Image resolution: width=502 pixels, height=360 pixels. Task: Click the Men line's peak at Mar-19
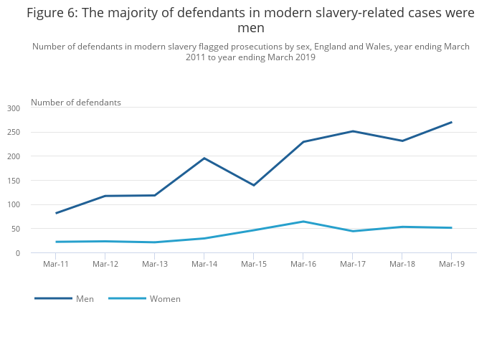451,122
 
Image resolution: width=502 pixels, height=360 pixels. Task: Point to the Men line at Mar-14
204,158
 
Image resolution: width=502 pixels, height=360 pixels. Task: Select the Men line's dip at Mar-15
254,185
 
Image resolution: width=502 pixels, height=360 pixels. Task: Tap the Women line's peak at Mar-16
303,222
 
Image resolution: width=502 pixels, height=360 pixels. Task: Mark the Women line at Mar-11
56,242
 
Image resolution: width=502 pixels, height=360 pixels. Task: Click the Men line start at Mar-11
56,213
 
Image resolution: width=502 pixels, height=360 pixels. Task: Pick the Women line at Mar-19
451,228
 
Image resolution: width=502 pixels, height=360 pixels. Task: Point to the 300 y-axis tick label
14,108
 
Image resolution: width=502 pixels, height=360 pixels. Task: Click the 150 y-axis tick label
14,180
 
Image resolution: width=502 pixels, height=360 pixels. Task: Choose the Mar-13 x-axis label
155,264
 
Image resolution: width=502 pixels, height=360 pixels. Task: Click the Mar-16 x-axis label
303,264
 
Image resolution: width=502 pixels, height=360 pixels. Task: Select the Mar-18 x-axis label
402,264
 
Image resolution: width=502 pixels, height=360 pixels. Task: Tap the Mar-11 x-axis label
56,264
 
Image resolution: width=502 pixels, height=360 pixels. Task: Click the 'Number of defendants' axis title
76,103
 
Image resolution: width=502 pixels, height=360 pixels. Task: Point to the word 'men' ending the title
251,29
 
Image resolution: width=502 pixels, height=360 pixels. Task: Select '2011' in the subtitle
196,57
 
